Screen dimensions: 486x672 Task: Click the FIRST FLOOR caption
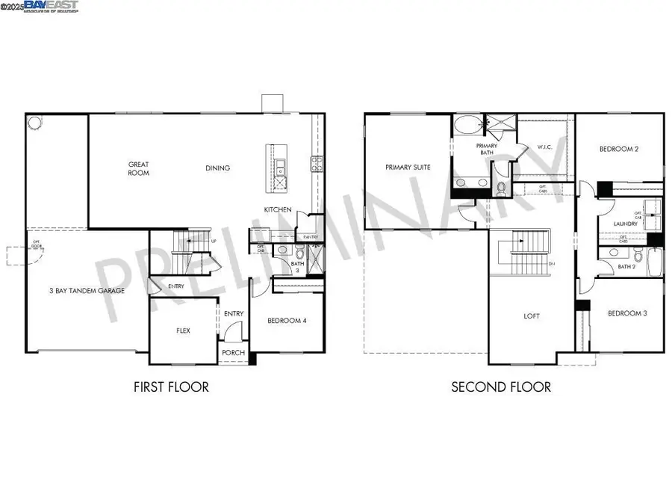pos(171,387)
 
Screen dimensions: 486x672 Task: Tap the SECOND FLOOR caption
pos(501,387)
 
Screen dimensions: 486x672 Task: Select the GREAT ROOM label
pos(138,168)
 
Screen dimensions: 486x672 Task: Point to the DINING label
pos(218,168)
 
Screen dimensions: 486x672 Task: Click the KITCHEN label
pos(278,209)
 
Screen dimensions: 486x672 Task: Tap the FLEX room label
pos(183,330)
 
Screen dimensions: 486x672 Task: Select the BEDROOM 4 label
pos(287,321)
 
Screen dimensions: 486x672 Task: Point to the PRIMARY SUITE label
pos(408,167)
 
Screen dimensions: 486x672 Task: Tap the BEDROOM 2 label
pos(619,149)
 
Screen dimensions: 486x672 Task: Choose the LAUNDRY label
pos(624,224)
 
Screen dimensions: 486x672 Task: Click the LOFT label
pos(531,316)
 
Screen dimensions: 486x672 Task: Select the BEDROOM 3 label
pos(626,313)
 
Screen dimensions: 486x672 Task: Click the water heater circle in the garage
pos(34,122)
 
